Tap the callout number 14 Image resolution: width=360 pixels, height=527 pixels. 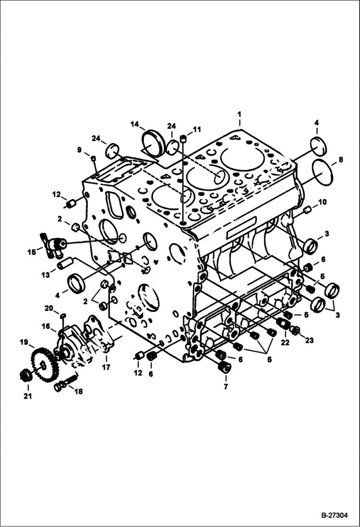point(134,124)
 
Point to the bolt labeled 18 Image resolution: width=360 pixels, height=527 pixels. point(64,383)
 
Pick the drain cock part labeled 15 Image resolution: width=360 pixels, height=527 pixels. point(51,244)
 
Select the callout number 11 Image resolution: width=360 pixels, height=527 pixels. point(197,130)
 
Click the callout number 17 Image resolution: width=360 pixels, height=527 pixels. point(106,368)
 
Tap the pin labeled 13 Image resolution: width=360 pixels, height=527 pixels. point(65,263)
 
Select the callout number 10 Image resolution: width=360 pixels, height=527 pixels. point(322,202)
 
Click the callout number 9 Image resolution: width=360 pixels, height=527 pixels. point(79,150)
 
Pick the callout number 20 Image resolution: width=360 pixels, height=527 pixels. point(49,308)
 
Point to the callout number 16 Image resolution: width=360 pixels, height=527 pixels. point(46,326)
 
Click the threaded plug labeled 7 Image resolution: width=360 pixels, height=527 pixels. point(224,368)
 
